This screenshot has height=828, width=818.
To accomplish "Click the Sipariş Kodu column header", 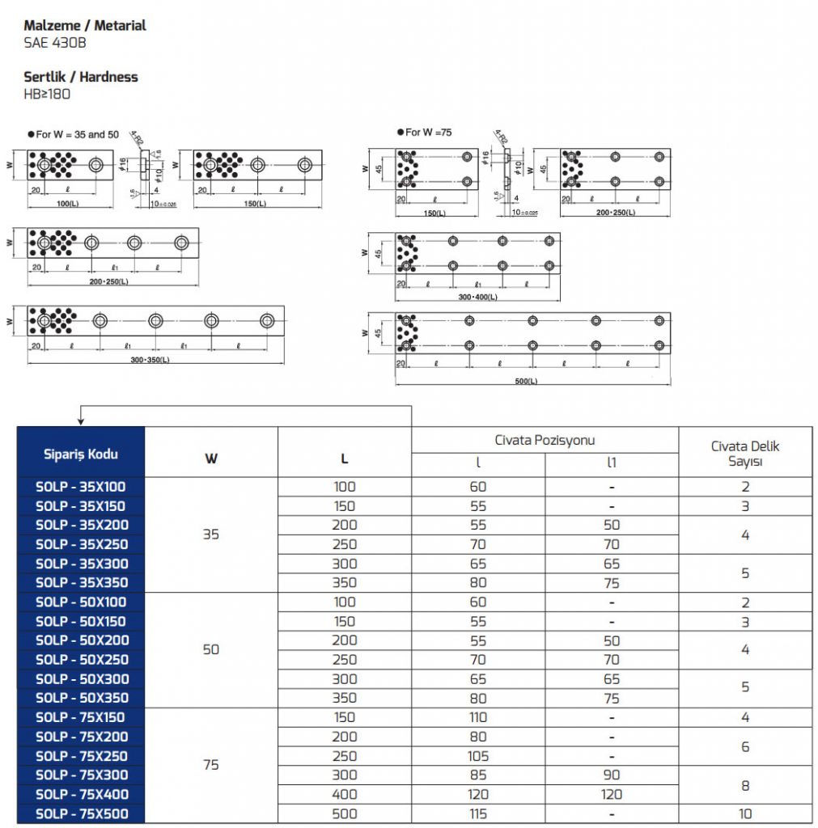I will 80,454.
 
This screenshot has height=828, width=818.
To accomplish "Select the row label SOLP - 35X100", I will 80,487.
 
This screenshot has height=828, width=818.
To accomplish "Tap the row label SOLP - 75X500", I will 80,813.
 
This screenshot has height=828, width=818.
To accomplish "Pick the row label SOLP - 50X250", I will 80,659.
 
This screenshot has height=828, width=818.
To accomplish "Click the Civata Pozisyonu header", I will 545,441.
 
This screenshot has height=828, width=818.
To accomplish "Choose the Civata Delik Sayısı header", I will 745,454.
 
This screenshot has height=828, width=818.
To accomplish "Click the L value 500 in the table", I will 345,813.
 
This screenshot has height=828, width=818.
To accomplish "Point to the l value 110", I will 478,717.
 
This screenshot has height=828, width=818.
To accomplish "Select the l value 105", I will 478,756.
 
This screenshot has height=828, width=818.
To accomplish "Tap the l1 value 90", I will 612,775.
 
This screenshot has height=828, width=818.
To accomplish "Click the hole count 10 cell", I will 745,813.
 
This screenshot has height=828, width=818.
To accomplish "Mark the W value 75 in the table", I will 211,765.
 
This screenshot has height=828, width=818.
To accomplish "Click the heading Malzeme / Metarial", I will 85,26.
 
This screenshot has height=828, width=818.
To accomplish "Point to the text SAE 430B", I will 55,42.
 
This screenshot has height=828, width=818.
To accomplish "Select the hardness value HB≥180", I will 48,94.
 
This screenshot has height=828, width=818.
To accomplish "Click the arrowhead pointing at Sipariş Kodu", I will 80,420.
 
